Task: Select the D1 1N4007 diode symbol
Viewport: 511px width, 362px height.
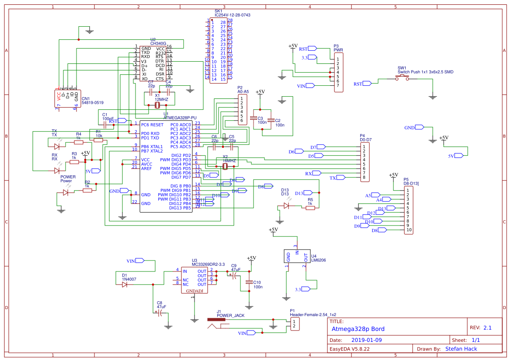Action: click(x=125, y=284)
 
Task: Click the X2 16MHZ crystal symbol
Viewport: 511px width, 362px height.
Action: click(x=226, y=166)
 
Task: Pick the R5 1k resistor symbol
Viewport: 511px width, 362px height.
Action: click(x=310, y=208)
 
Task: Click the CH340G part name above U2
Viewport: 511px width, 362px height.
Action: click(x=158, y=44)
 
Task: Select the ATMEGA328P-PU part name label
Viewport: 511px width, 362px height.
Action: click(x=180, y=118)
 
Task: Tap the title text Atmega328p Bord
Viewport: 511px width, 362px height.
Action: click(x=358, y=329)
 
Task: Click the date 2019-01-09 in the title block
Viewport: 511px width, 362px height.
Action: click(x=366, y=340)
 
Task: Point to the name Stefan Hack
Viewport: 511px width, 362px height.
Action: click(x=461, y=348)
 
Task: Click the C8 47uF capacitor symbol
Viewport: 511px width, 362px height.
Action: click(x=161, y=313)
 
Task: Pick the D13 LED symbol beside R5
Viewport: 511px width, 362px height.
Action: click(x=286, y=205)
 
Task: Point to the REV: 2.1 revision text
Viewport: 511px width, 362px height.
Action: click(x=480, y=327)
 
